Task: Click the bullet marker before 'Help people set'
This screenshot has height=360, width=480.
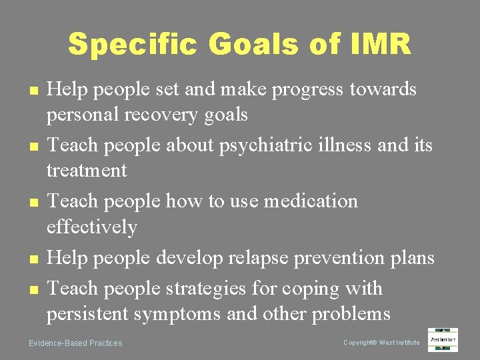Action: pyautogui.click(x=32, y=90)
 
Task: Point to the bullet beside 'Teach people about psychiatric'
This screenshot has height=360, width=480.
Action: pyautogui.click(x=32, y=145)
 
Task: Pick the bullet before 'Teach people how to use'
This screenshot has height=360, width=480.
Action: pyautogui.click(x=32, y=201)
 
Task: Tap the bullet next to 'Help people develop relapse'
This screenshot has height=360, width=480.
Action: pyautogui.click(x=32, y=258)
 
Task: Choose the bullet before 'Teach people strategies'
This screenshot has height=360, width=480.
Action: pyautogui.click(x=32, y=289)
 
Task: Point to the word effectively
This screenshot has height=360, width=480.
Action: pyautogui.click(x=91, y=227)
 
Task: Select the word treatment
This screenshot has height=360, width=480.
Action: pyautogui.click(x=86, y=171)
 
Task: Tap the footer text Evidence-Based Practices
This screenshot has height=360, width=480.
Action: pyautogui.click(x=75, y=343)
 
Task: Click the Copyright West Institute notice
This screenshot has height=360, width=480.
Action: pyautogui.click(x=381, y=343)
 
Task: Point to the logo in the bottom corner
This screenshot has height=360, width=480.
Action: pyautogui.click(x=443, y=340)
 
